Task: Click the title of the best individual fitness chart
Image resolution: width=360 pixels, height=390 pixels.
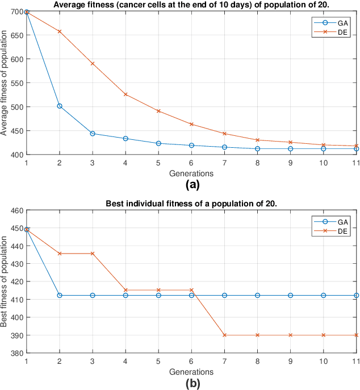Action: (191, 204)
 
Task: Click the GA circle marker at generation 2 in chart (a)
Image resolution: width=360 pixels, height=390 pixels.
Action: (59, 106)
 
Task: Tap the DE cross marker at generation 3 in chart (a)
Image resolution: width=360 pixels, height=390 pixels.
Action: (93, 64)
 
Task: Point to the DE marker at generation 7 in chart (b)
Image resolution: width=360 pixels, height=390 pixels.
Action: (224, 335)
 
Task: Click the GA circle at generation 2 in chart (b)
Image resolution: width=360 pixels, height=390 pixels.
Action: (59, 295)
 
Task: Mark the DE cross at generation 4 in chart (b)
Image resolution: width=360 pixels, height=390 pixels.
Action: (125, 290)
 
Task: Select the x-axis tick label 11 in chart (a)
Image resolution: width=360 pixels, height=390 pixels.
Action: (355, 163)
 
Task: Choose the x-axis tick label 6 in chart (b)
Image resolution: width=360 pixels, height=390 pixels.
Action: (191, 361)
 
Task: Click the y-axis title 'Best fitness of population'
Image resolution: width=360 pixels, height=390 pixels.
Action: (5, 281)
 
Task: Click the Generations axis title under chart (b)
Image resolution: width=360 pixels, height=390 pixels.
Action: (191, 371)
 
